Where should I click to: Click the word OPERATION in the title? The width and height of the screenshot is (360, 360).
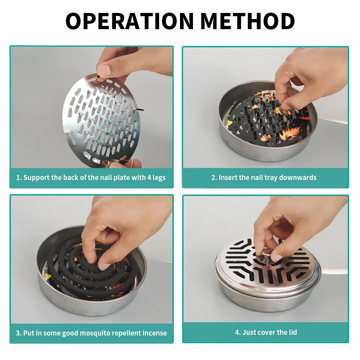click(129, 21)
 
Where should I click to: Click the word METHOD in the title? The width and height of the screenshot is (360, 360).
click(248, 21)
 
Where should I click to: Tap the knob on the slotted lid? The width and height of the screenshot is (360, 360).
click(267, 255)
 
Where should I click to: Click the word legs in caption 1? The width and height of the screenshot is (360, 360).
click(159, 178)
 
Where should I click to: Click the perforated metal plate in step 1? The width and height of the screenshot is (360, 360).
click(101, 120)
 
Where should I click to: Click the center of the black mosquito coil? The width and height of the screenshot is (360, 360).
click(90, 264)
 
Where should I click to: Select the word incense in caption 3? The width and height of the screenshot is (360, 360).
click(155, 333)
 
